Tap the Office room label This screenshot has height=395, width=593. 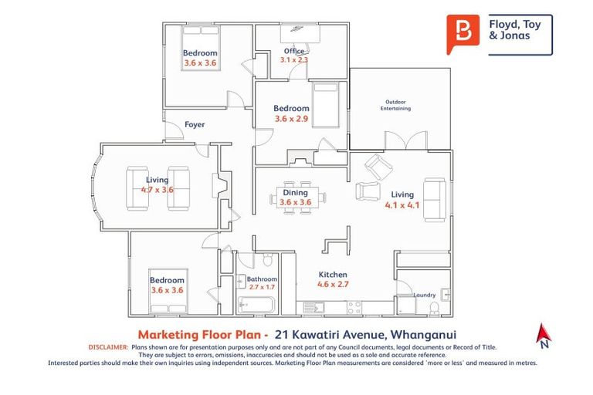pyautogui.click(x=293, y=51)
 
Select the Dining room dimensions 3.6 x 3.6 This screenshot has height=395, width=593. pyautogui.click(x=295, y=203)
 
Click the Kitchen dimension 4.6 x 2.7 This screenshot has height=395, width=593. pyautogui.click(x=333, y=284)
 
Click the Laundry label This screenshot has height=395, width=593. pyautogui.click(x=424, y=295)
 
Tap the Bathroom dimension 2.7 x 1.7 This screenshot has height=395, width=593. pyautogui.click(x=261, y=287)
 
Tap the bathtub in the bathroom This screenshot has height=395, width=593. pyautogui.click(x=256, y=306)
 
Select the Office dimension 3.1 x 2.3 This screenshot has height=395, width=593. pyautogui.click(x=294, y=59)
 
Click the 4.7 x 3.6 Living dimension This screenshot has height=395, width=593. pyautogui.click(x=157, y=189)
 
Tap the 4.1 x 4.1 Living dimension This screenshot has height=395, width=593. pyautogui.click(x=402, y=205)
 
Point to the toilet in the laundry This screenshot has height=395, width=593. pyautogui.click(x=433, y=309)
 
